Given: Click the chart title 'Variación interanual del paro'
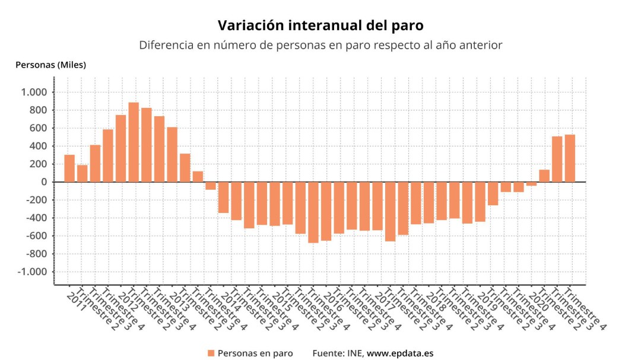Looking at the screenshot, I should point(320,26).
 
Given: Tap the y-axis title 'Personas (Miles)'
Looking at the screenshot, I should point(50,65).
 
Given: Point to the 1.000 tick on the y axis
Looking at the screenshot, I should point(33,92).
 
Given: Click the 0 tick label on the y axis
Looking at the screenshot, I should point(43,182).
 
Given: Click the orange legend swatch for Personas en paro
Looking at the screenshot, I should point(211,353).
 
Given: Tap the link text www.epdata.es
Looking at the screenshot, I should point(400,353).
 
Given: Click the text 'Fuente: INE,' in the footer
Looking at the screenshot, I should point(338,353).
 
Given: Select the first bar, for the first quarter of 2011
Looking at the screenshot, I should point(69,168).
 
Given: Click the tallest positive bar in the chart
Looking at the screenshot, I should point(134,142).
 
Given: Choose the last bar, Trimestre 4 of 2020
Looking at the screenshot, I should point(570,158).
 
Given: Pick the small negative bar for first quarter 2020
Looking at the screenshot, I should point(531,184).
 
